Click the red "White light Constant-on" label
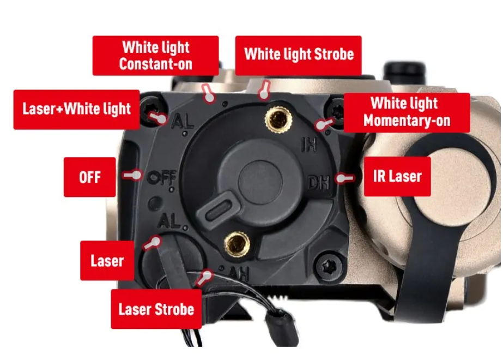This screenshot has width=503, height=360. [155, 56]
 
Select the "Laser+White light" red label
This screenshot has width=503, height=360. [77, 110]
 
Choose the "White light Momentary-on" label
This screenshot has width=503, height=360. [407, 112]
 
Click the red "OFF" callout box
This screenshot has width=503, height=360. [90, 177]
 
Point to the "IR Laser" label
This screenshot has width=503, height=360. [397, 176]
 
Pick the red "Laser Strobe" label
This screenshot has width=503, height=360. [156, 309]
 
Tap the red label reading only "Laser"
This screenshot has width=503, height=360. [107, 260]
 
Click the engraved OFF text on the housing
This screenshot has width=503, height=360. [162, 178]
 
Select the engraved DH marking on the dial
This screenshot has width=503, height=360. [319, 183]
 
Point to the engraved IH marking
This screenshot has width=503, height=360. [309, 144]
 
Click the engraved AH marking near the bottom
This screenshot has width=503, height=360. [239, 274]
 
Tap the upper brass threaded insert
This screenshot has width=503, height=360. [278, 119]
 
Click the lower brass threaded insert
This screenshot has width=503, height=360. [237, 244]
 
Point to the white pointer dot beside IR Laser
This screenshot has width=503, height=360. [341, 178]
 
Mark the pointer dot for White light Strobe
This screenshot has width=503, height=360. [263, 94]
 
